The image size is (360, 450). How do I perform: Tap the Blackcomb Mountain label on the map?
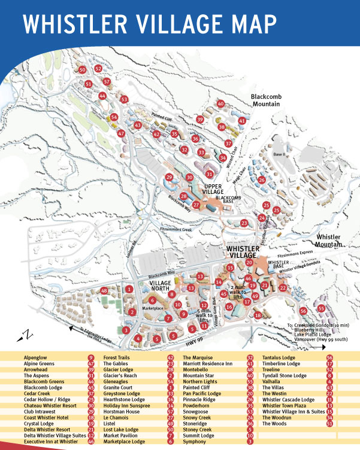pos(266,99)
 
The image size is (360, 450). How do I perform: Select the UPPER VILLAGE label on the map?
pos(216,190)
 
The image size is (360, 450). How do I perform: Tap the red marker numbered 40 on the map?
pos(220,104)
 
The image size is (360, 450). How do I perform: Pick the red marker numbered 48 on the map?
pos(104,291)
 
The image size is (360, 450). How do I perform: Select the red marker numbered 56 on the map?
pos(303,311)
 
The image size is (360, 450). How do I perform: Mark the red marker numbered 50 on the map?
pos(82,70)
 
